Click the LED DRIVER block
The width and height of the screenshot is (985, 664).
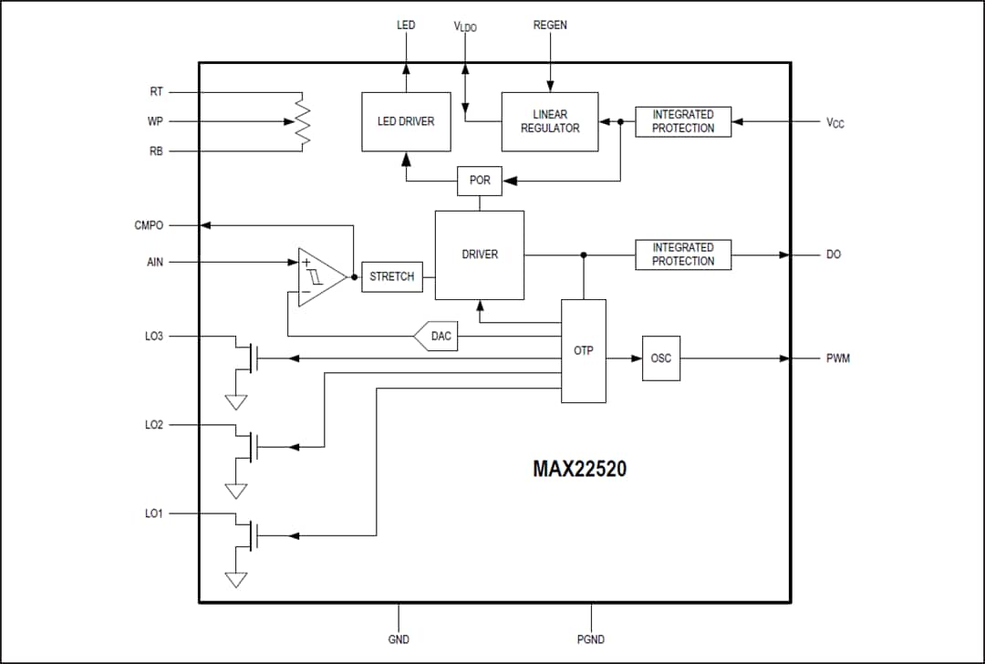(406, 121)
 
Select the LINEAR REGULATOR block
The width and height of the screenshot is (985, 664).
(550, 121)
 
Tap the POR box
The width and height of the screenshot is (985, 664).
(480, 181)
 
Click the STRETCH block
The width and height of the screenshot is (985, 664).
(392, 276)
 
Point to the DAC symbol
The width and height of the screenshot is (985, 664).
(439, 337)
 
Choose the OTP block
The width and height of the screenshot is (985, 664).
(583, 350)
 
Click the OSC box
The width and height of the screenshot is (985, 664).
(660, 358)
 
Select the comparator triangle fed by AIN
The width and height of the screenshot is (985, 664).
(319, 276)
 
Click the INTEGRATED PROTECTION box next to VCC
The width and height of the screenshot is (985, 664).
(683, 121)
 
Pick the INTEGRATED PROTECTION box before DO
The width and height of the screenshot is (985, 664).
(683, 254)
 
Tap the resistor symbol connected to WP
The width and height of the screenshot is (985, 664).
(302, 121)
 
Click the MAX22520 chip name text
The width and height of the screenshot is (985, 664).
(580, 470)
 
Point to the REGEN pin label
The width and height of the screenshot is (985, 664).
(550, 26)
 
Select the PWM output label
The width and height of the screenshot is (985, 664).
(837, 358)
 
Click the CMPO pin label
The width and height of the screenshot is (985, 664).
(149, 225)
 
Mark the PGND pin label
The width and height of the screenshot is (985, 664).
(591, 639)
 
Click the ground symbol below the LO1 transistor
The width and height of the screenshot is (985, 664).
(236, 579)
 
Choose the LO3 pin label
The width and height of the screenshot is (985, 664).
(154, 337)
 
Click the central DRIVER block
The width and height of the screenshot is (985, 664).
(480, 254)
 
